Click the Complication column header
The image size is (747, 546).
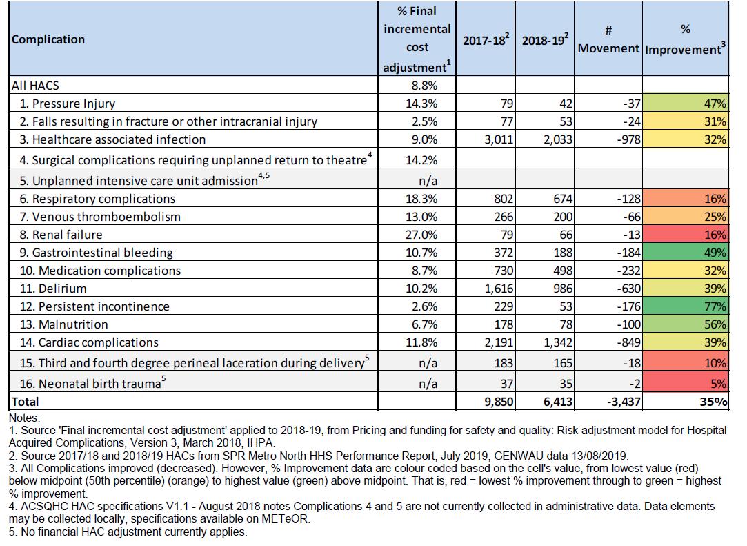click(x=48, y=39)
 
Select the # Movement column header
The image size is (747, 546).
click(x=608, y=40)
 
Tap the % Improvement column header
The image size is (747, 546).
click(x=686, y=40)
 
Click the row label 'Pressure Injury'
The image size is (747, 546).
click(x=74, y=104)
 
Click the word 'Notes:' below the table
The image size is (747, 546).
click(x=25, y=418)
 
